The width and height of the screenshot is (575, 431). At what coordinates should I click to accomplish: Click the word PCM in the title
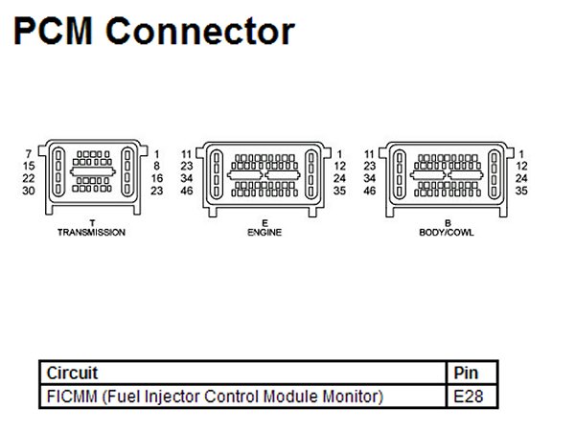tap(53, 31)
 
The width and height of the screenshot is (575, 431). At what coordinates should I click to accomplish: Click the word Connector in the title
tap(200, 31)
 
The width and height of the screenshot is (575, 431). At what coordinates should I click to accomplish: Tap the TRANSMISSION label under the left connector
tap(91, 233)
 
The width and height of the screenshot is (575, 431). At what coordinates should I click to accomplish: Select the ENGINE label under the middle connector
tap(264, 233)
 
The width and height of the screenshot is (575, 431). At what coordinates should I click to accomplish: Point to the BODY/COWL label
tap(447, 233)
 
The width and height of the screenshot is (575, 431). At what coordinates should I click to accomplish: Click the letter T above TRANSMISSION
tap(92, 223)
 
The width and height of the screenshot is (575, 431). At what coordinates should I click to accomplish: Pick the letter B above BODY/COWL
tap(448, 223)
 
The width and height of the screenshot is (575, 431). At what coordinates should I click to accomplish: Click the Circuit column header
tap(72, 374)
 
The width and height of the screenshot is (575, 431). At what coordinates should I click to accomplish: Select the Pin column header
tap(466, 374)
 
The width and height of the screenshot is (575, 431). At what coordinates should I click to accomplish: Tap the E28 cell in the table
tap(469, 397)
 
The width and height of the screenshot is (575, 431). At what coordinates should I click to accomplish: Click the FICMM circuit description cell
tap(216, 397)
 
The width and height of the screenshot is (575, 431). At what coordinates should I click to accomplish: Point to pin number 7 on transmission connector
tap(29, 154)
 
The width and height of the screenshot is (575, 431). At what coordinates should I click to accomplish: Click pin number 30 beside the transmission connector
tap(28, 191)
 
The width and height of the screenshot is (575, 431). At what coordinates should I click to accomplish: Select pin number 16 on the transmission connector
tap(157, 178)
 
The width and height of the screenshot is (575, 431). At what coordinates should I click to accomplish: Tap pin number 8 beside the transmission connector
tap(157, 166)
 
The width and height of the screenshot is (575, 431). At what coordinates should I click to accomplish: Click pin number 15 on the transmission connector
tap(29, 166)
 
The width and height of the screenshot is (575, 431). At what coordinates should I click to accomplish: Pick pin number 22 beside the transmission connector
tap(28, 178)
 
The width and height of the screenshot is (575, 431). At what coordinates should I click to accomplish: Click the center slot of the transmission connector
tap(93, 171)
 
